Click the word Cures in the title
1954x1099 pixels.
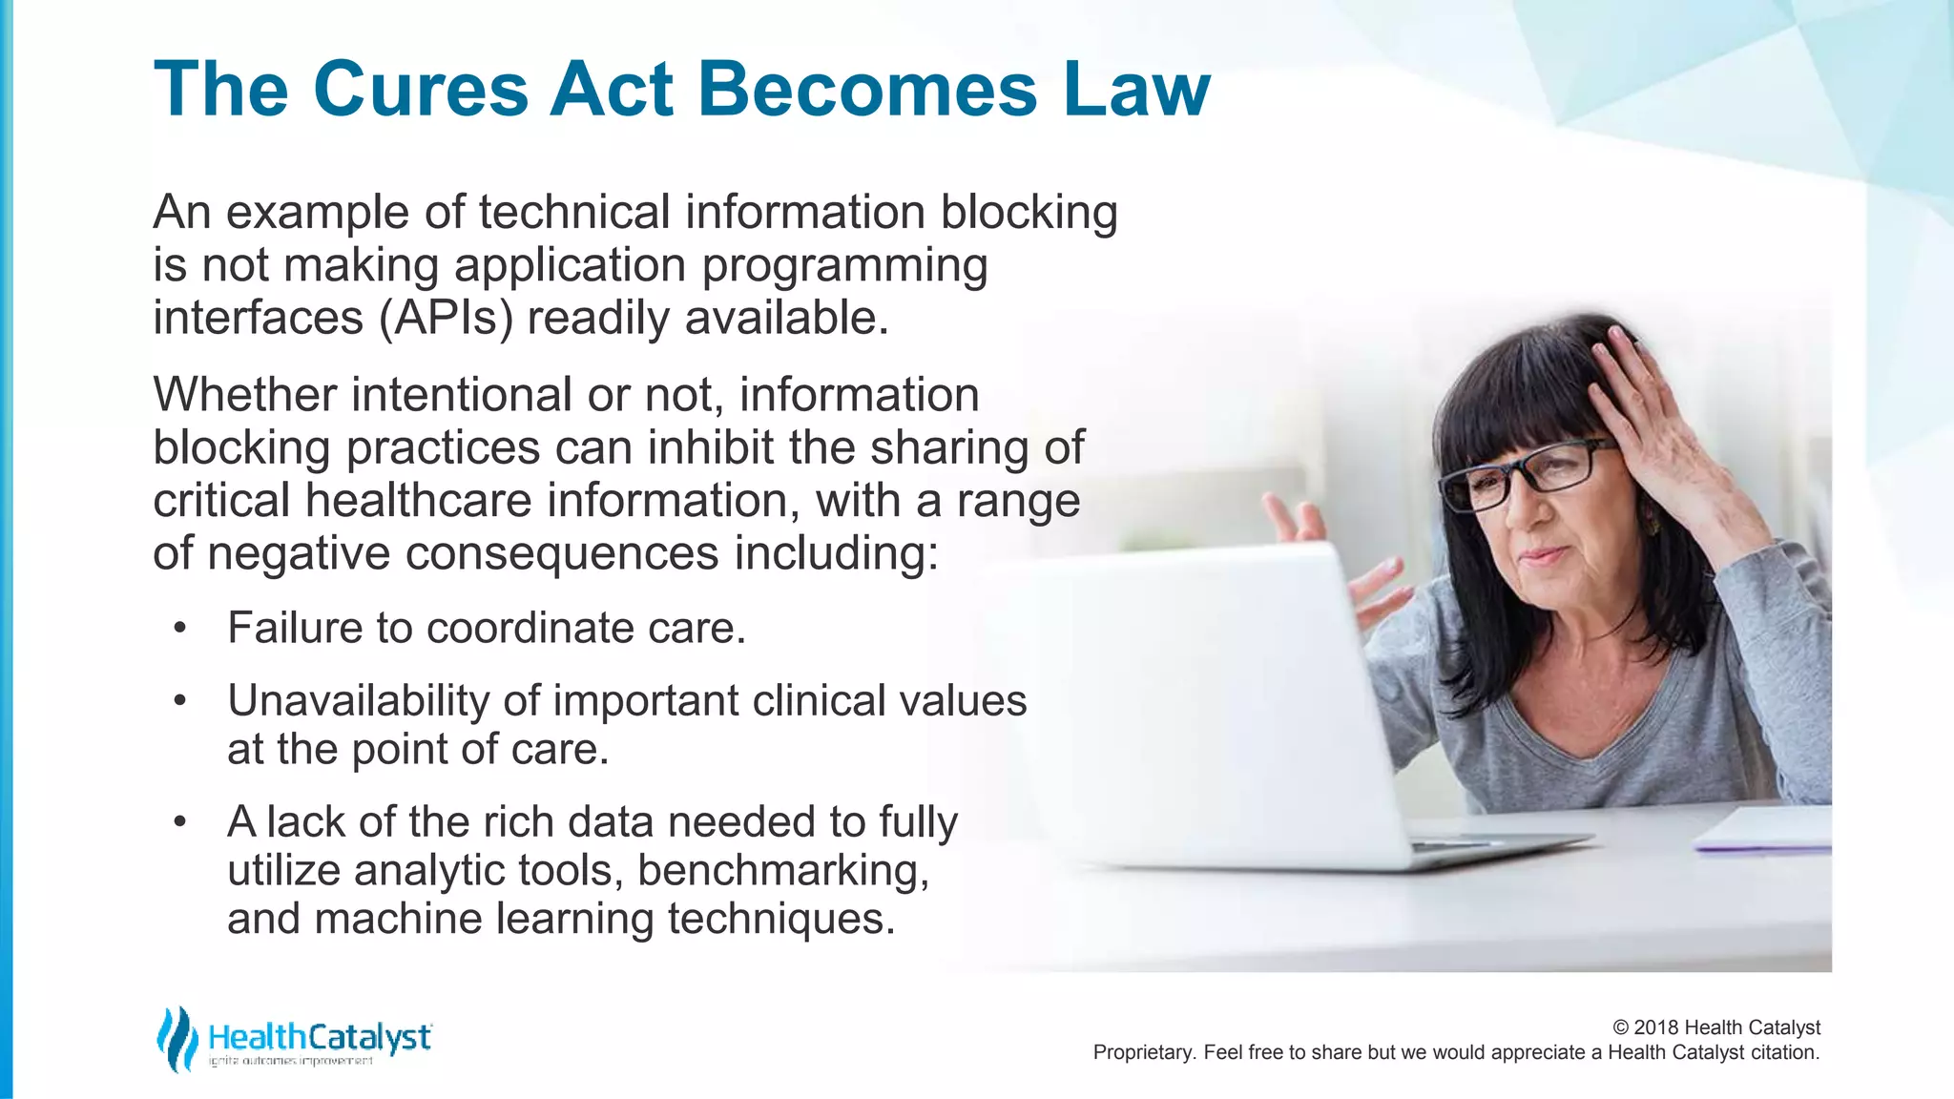(420, 90)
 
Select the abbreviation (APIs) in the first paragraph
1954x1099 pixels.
(446, 319)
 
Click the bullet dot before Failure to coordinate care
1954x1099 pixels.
(180, 629)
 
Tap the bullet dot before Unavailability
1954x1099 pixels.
(180, 701)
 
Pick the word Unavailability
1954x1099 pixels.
(358, 701)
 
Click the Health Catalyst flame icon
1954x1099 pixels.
(177, 1039)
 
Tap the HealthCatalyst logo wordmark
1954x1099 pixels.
(320, 1037)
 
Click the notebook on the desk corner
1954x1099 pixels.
(1765, 830)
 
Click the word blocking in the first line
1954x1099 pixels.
(1029, 212)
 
